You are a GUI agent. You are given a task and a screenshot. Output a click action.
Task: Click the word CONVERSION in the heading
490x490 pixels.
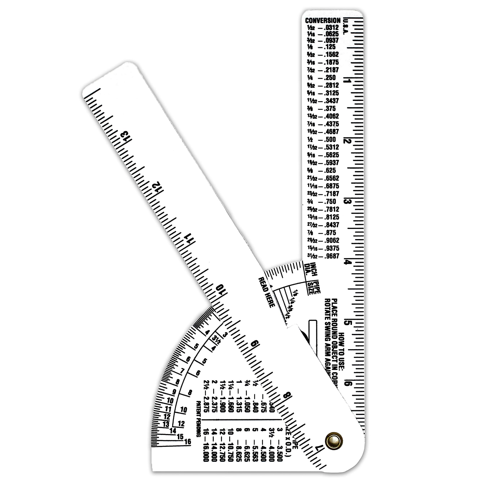tap(323, 20)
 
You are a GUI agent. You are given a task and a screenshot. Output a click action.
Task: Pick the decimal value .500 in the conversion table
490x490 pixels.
tap(330, 140)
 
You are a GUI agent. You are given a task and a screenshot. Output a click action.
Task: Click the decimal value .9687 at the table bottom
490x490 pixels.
tap(332, 256)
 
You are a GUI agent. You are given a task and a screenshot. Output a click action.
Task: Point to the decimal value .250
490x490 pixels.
tap(330, 78)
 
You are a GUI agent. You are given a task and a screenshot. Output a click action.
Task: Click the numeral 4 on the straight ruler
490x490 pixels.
tap(346, 262)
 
